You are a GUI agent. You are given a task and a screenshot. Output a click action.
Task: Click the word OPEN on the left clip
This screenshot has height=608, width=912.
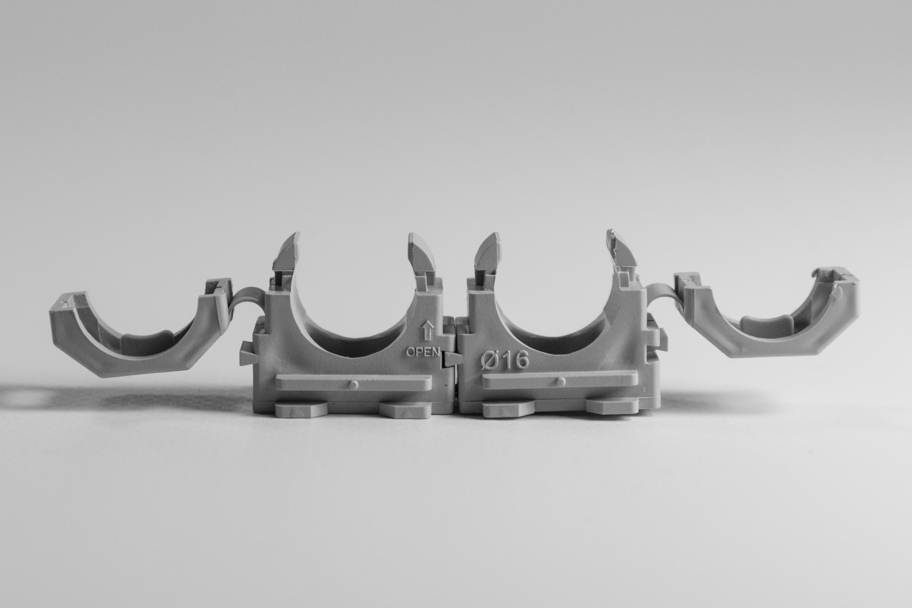click(x=423, y=352)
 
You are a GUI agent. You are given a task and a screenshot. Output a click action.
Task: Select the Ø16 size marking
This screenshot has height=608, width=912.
click(x=505, y=360)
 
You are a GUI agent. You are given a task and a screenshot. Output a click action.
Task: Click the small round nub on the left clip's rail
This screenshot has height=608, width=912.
click(x=353, y=384)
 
